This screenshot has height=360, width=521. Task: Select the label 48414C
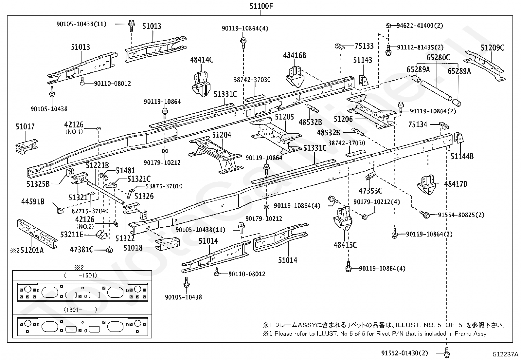click(202, 60)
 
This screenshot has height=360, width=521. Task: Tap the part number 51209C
click(492, 47)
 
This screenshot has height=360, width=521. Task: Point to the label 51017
click(25, 127)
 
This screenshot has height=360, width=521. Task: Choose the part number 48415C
click(345, 245)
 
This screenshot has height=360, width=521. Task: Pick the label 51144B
click(462, 157)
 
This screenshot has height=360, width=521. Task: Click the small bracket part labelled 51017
click(26, 145)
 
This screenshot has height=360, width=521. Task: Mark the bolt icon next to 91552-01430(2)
click(447, 353)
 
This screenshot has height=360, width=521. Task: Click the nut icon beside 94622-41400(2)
click(388, 26)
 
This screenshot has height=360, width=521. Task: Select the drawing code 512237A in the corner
click(506, 354)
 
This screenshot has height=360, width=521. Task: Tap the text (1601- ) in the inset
click(80, 310)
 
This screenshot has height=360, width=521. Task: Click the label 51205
click(284, 117)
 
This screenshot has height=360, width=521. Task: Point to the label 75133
click(364, 46)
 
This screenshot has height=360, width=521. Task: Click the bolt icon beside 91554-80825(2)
click(426, 215)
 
